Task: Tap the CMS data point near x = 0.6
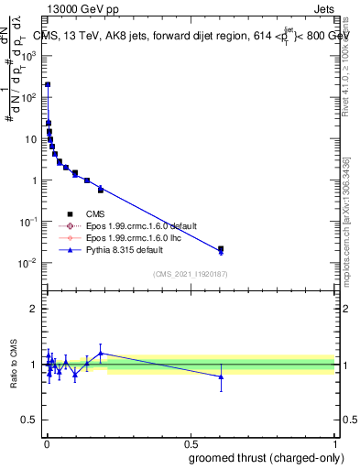[x=221, y=248]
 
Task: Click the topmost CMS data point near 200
[x=48, y=84]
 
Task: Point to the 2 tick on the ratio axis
[x=34, y=309]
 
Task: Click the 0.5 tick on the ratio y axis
[x=31, y=420]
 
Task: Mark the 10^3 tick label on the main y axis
[x=28, y=56]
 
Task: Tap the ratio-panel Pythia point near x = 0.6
[x=221, y=376]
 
